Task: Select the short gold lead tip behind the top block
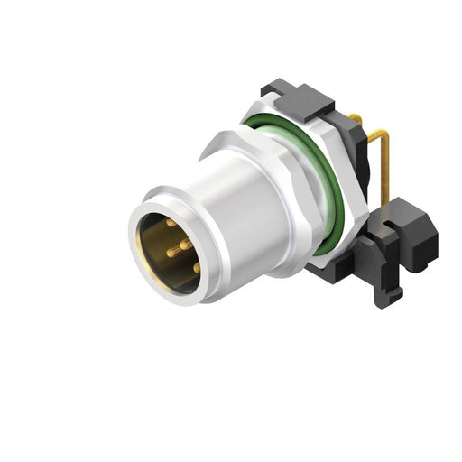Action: (356, 116)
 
